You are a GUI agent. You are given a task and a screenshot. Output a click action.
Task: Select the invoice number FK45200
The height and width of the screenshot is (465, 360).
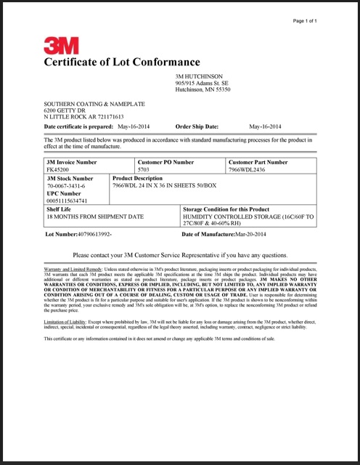(x=57, y=169)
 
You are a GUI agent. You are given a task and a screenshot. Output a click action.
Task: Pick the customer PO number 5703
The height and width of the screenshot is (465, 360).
(x=144, y=169)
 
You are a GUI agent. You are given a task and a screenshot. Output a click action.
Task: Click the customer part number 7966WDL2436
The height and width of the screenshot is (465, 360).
(x=247, y=169)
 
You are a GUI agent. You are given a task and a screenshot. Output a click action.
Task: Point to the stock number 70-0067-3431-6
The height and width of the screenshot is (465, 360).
(x=66, y=187)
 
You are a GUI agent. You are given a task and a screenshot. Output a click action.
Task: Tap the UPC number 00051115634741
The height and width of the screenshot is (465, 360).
(x=67, y=201)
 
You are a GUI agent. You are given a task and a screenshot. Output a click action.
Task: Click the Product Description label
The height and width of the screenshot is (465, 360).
(x=138, y=178)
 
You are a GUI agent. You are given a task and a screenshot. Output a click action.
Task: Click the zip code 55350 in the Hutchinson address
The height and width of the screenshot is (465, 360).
(x=222, y=89)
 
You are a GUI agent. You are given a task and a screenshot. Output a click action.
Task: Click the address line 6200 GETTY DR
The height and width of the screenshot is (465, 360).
(x=65, y=110)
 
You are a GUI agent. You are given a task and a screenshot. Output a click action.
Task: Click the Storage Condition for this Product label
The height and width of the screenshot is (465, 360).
(x=232, y=209)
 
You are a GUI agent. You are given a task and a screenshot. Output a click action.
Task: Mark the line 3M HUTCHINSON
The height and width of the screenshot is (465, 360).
(x=199, y=76)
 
